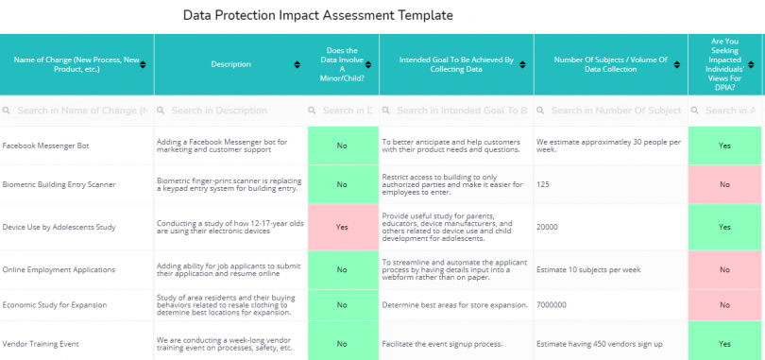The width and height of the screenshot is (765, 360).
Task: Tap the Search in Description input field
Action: pyautogui.click(x=230, y=111)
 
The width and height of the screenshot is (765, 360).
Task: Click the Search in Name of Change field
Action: pyautogui.click(x=76, y=111)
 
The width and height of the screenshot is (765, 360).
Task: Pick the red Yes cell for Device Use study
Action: pyautogui.click(x=342, y=227)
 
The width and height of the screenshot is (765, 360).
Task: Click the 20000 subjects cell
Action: pyautogui.click(x=547, y=227)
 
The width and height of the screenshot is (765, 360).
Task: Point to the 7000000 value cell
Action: pyautogui.click(x=551, y=305)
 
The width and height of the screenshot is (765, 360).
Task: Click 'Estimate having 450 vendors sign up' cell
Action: pyautogui.click(x=599, y=344)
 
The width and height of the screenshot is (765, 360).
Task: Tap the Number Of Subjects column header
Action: pyautogui.click(x=610, y=64)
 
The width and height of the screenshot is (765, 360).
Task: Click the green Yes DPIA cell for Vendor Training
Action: pyautogui.click(x=724, y=344)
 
